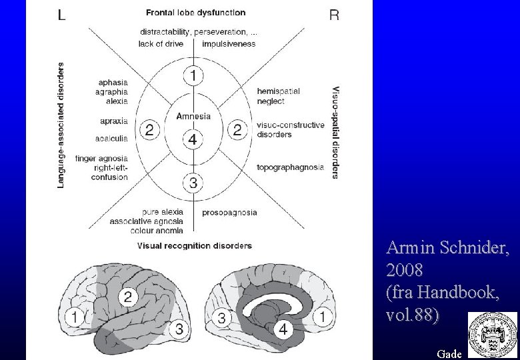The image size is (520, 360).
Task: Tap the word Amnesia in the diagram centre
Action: tap(193, 116)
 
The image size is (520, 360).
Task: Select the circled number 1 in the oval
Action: tap(193, 76)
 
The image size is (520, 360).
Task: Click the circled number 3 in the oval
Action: tap(193, 182)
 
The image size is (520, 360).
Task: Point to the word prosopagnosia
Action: tap(229, 213)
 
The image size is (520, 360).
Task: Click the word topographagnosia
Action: tap(290, 167)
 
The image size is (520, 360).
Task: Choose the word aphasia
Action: tap(113, 82)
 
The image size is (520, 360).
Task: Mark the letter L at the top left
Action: tap(61, 15)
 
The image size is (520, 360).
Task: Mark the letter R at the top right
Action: tap(334, 15)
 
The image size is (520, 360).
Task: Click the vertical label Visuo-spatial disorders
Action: tap(335, 131)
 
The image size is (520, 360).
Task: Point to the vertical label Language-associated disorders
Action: tap(61, 125)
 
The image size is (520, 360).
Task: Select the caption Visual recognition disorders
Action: tap(195, 245)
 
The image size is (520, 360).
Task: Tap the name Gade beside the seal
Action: tap(449, 353)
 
